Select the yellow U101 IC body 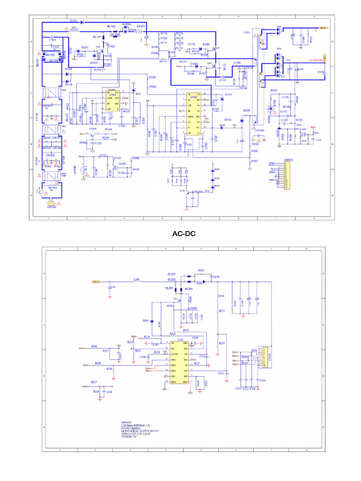(x=112, y=101)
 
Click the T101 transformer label (x=247, y=33)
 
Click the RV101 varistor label (x=52, y=187)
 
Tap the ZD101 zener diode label (x=94, y=62)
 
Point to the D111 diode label (x=228, y=95)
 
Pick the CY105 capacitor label (x=259, y=130)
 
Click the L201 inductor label (x=136, y=279)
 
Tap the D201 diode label (x=146, y=320)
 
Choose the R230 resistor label (x=221, y=343)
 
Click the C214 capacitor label (x=263, y=380)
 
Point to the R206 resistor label (x=94, y=346)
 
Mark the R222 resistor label (x=201, y=271)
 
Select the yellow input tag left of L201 (x=96, y=281)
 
